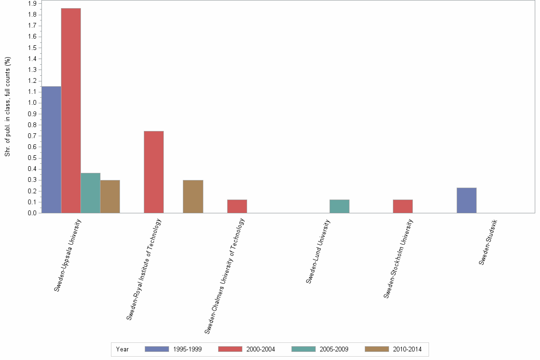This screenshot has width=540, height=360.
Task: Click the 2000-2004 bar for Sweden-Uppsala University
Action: (71, 110)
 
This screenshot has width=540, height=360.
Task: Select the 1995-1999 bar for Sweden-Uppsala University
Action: (51, 150)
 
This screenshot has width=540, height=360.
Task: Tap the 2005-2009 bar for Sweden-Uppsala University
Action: (90, 193)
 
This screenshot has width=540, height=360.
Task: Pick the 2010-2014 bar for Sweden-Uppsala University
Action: (110, 197)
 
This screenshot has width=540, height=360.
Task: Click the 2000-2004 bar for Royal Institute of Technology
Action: (154, 172)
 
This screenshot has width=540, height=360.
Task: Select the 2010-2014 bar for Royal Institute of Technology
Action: (193, 197)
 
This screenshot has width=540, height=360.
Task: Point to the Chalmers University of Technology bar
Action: (237, 206)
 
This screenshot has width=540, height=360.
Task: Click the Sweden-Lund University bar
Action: (340, 206)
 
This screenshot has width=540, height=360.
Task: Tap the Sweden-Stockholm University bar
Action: (403, 206)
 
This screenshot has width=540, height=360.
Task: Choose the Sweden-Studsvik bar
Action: (467, 200)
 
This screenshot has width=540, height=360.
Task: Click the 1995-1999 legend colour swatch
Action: (157, 349)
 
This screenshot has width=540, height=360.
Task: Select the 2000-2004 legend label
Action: (260, 349)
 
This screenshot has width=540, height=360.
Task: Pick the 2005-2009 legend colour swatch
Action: (304, 349)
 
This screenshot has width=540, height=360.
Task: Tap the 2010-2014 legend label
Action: (407, 349)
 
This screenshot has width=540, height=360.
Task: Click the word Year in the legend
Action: (122, 349)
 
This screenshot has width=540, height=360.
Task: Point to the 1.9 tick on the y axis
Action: (32, 4)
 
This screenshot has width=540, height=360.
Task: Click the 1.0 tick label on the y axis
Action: (32, 103)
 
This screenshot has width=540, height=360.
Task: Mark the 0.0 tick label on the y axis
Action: (32, 213)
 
